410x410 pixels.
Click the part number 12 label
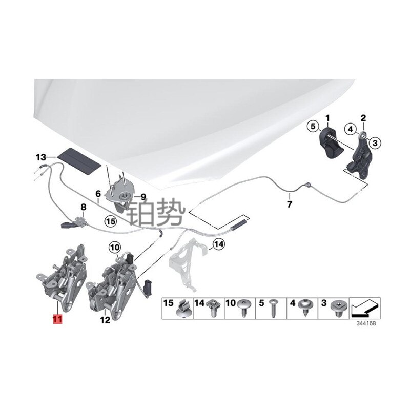(105, 320)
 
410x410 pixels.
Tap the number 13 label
(41, 156)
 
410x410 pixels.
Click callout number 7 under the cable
(289, 205)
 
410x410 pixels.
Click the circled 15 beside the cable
(111, 221)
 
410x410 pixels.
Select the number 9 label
(143, 196)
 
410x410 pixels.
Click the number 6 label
(97, 194)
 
